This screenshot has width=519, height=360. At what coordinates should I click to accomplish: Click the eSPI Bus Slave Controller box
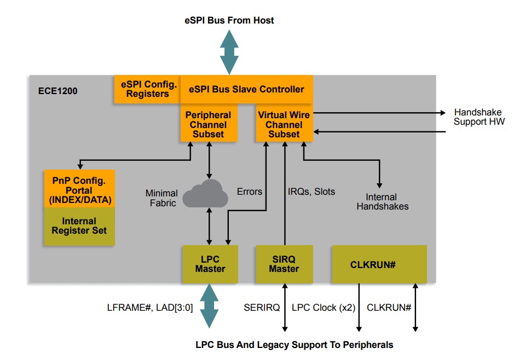point(246,89)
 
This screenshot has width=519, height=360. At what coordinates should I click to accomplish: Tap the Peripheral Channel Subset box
point(208,124)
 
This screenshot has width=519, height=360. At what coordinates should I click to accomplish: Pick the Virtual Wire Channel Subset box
point(284,124)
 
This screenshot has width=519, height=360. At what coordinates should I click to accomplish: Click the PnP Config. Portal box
point(79,189)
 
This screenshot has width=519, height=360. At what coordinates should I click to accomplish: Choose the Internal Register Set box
point(79,226)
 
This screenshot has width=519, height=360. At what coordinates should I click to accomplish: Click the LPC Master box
point(210,264)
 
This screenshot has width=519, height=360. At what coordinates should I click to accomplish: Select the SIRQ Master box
point(284,264)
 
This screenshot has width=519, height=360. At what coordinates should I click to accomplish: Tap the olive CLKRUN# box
point(379,264)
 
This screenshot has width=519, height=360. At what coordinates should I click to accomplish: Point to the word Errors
point(249,191)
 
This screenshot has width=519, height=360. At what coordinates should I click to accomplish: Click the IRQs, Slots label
point(312,191)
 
